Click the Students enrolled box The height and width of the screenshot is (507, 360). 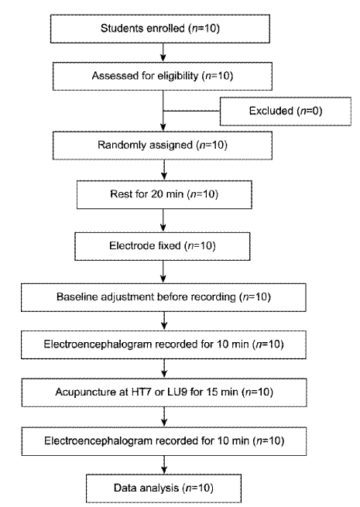tap(160, 29)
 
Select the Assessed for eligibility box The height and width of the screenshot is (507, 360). tap(163, 77)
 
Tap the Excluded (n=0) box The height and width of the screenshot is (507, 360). tap(286, 111)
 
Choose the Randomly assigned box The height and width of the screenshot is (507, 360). tap(163, 146)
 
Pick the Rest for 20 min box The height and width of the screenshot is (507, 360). tap(164, 194)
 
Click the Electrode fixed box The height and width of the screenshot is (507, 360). tap(163, 246)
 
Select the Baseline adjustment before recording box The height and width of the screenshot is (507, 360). tap(163, 297)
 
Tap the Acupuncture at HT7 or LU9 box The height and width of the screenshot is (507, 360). tap(164, 392)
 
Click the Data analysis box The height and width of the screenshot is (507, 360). tap(163, 488)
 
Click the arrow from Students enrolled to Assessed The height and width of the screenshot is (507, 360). tap(163, 53)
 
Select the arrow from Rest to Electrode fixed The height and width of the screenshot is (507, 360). tap(163, 220)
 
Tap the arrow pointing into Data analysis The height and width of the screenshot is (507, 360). tap(164, 465)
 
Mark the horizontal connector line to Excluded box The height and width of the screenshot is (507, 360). tap(191, 111)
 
